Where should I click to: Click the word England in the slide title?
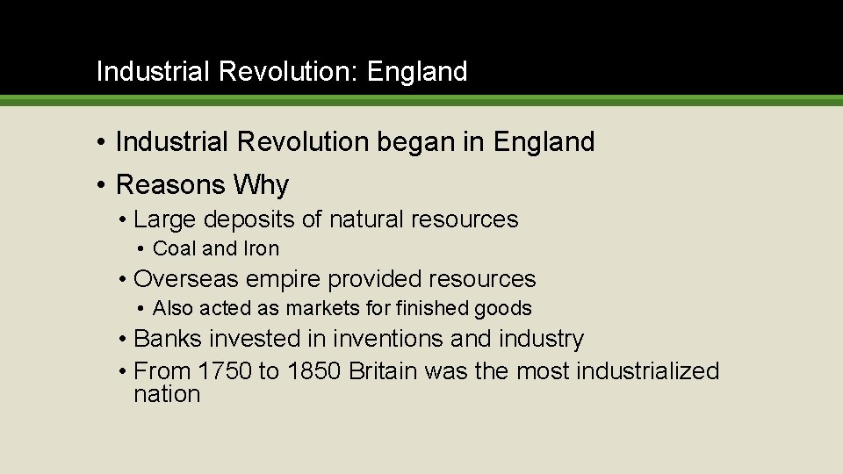click(417, 72)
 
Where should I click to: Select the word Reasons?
click(170, 185)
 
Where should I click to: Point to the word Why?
click(261, 185)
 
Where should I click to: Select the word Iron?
click(262, 249)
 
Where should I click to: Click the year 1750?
click(225, 371)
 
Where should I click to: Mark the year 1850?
click(313, 371)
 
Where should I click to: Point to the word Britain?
click(385, 371)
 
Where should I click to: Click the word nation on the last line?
click(167, 394)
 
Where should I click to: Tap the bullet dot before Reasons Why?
click(103, 185)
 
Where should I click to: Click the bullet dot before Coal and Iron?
click(141, 249)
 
